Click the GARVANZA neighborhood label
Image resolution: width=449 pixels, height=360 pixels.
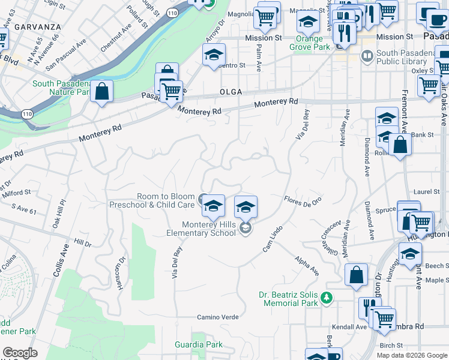click(37, 27)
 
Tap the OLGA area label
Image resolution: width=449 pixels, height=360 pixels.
click(231, 92)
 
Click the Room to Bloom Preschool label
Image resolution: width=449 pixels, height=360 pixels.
click(166, 200)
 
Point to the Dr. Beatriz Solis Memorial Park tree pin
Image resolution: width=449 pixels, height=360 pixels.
click(326, 297)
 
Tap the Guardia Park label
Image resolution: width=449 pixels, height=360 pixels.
click(198, 344)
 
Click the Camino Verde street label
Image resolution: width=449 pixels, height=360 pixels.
click(218, 317)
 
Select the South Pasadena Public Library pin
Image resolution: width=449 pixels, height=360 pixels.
click(366, 56)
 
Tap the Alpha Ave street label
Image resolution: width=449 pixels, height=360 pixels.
click(306, 266)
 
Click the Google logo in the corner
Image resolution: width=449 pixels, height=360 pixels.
click(19, 353)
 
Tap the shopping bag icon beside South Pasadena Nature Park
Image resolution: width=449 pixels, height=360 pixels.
click(102, 92)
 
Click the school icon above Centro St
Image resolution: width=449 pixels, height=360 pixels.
click(213, 55)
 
